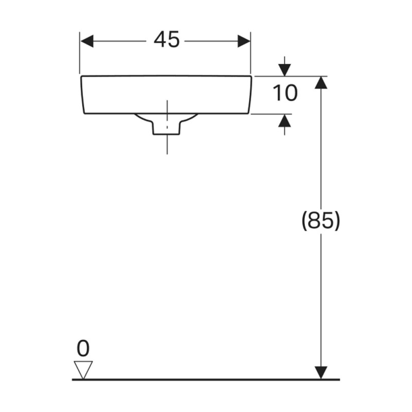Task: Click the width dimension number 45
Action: click(x=166, y=40)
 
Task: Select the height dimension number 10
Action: click(x=284, y=94)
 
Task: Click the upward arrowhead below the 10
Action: click(x=284, y=121)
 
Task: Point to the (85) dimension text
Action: click(x=320, y=221)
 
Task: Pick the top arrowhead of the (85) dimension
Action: click(x=321, y=82)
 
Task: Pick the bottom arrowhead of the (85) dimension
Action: click(x=321, y=372)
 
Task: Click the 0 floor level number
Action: click(x=82, y=349)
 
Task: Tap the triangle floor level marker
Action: click(x=82, y=369)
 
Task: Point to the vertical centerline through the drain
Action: click(x=167, y=144)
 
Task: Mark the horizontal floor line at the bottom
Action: click(x=206, y=380)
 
